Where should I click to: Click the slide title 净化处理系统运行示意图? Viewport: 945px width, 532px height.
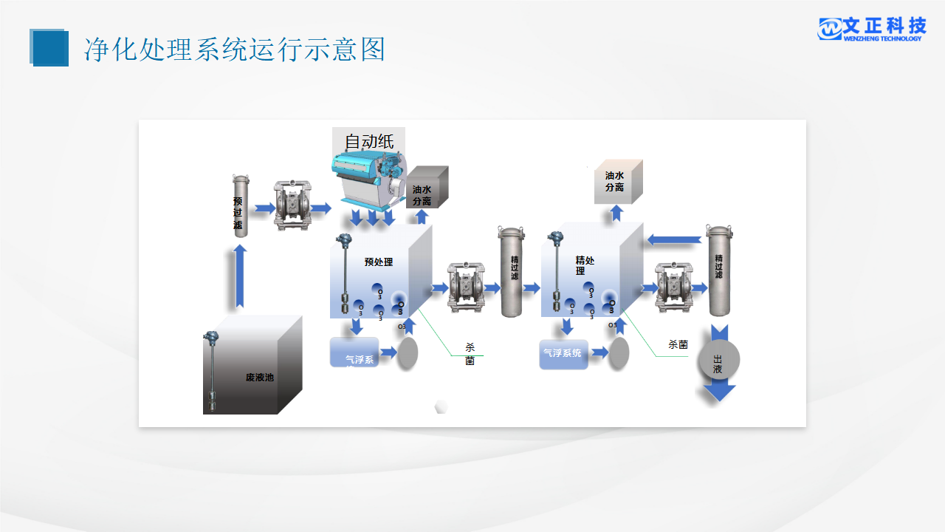point(234,50)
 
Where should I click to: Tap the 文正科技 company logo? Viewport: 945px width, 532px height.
point(871,29)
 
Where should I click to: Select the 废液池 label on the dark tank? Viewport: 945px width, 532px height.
point(259,378)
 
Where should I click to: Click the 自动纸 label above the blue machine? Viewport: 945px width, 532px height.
point(369,140)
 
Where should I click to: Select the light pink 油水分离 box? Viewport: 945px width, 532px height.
point(618,181)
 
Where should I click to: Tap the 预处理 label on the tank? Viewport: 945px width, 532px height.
point(379,262)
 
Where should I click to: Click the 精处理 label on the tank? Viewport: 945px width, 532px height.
point(585,265)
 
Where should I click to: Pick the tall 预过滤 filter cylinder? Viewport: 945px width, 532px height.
point(238,205)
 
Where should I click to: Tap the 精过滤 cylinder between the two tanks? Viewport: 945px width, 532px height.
point(513,271)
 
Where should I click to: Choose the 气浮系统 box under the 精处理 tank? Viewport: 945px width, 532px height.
point(563,353)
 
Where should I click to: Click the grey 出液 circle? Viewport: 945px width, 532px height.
point(718,360)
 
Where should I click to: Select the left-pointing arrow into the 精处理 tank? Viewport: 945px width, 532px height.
point(674,239)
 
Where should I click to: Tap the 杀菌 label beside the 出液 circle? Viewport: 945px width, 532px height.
point(678,344)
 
